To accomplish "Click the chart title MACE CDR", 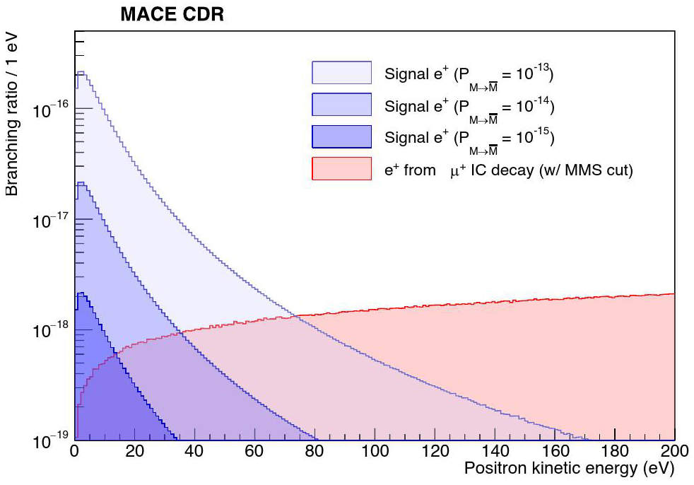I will [172, 14].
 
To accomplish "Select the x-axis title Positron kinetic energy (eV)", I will [569, 468].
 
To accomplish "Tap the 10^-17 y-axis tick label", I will [51, 220].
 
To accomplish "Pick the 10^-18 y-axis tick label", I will [51, 330].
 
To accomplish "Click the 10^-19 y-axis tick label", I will [51, 440].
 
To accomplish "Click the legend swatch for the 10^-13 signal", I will [341, 73].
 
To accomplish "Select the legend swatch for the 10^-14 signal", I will [341, 105].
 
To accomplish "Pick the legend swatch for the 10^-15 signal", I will [341, 136].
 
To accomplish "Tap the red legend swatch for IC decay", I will [341, 168].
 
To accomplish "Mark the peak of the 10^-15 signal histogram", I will [81, 293].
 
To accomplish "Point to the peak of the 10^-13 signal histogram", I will [81, 72].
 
